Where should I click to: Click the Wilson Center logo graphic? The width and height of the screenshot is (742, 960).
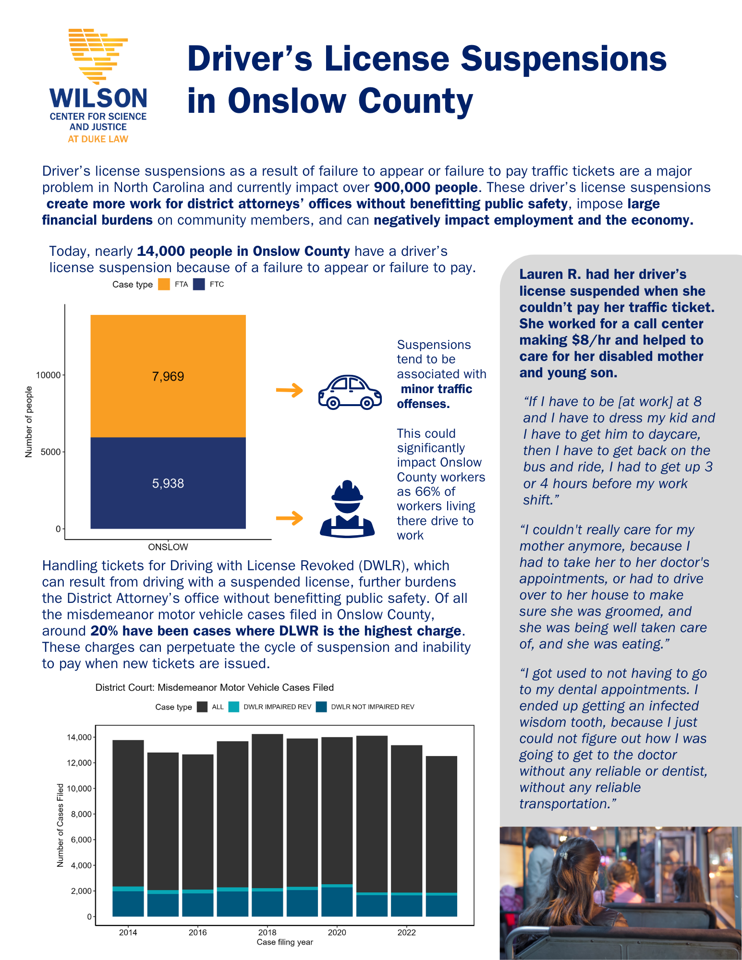click(x=98, y=55)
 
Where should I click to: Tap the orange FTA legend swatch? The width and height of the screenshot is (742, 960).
click(x=164, y=284)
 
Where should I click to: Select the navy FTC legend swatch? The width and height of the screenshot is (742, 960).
click(x=199, y=284)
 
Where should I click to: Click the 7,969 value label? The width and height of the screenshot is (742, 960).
click(x=168, y=376)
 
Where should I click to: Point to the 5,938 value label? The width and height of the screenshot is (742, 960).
click(x=168, y=483)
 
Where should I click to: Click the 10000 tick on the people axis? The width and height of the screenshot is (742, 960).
click(x=49, y=375)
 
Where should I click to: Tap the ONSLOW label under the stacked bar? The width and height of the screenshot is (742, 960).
click(x=168, y=547)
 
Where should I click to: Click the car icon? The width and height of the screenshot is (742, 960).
click(x=350, y=392)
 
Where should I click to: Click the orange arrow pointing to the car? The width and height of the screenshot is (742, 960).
click(x=290, y=390)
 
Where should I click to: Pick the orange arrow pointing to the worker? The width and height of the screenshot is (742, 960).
click(x=290, y=518)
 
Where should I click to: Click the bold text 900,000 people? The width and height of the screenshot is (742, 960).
click(x=426, y=187)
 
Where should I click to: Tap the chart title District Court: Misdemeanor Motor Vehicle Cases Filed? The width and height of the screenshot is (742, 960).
click(x=214, y=687)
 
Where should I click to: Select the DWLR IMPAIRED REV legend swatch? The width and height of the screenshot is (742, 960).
click(x=234, y=707)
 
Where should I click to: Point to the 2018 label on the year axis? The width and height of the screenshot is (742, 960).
click(x=268, y=932)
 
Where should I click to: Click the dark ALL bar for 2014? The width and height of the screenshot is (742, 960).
click(x=128, y=811)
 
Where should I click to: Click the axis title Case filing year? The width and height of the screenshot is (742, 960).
click(x=285, y=942)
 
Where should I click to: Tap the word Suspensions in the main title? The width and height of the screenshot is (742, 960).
click(x=564, y=59)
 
